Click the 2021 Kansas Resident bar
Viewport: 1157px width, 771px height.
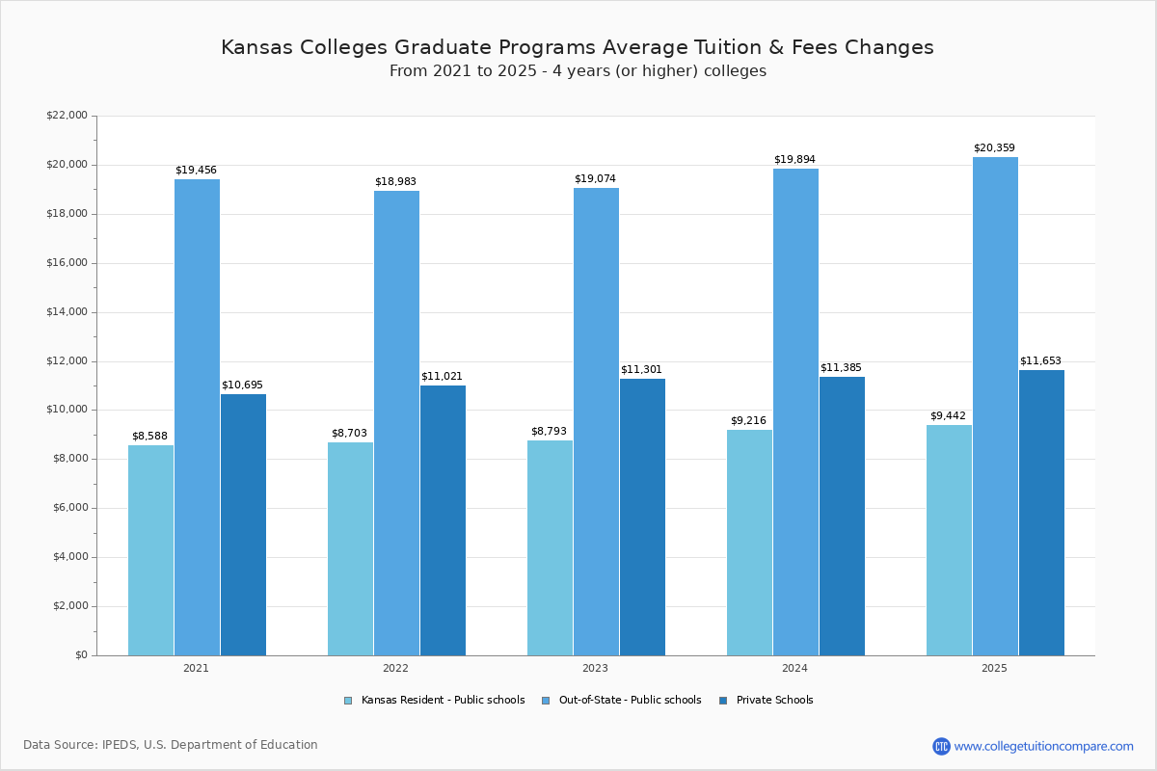(x=150, y=550)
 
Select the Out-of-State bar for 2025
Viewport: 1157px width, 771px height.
(x=995, y=406)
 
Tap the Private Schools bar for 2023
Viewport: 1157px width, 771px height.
(x=642, y=517)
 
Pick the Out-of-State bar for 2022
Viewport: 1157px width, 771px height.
(x=396, y=423)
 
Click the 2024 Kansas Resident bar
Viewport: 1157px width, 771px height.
(x=749, y=543)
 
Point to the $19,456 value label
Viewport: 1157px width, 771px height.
(x=196, y=171)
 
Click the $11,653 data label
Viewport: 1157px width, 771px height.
(x=1040, y=361)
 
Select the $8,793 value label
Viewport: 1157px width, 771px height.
(x=549, y=432)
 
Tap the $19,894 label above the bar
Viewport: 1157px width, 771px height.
(x=794, y=160)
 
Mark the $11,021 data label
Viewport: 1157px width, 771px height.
(x=442, y=377)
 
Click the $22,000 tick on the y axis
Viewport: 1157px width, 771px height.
(x=67, y=116)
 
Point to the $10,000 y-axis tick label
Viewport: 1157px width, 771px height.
(x=67, y=410)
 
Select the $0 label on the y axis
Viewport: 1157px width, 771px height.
(x=80, y=655)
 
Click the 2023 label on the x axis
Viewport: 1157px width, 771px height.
(x=595, y=668)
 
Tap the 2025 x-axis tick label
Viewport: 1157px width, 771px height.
(x=994, y=668)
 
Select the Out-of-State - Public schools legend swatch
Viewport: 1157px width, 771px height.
(x=546, y=701)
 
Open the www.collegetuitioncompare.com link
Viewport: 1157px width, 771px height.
(x=1043, y=746)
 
